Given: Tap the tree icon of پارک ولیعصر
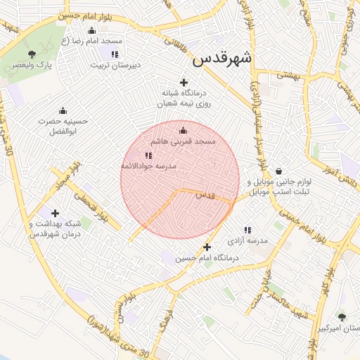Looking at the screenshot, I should click(31, 53).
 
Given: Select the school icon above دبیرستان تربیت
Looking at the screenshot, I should click(115, 53).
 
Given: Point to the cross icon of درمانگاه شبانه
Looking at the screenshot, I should click(184, 82).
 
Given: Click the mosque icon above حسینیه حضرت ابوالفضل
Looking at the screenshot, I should click(63, 110).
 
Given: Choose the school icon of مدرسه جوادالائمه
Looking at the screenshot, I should click(148, 155).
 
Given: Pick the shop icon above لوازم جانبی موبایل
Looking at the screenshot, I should click(279, 171).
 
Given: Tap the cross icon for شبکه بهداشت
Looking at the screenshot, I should click(55, 213).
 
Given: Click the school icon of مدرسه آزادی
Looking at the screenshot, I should click(247, 230).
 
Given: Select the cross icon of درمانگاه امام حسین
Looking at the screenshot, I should click(207, 247).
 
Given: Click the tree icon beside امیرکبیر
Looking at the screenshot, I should click(342, 317).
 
